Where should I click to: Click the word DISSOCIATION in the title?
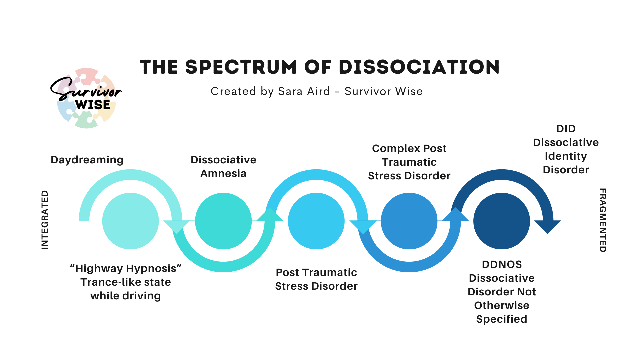419,67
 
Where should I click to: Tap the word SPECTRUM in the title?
241,67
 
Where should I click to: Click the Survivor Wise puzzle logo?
87,98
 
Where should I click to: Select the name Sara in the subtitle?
290,91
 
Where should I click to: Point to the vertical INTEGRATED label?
45,220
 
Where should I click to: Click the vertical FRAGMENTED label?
603,220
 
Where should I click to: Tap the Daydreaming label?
87,160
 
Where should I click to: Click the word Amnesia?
223,173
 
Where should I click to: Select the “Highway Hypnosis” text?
126,268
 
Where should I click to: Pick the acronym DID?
566,129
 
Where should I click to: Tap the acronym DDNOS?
502,264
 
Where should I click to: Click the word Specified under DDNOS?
502,319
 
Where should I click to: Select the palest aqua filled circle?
130,221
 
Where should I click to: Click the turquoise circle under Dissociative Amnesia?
223,221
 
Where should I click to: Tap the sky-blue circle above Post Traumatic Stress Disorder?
316,221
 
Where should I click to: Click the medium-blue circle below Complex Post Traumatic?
409,221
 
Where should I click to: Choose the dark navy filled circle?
502,221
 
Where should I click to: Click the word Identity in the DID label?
566,156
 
